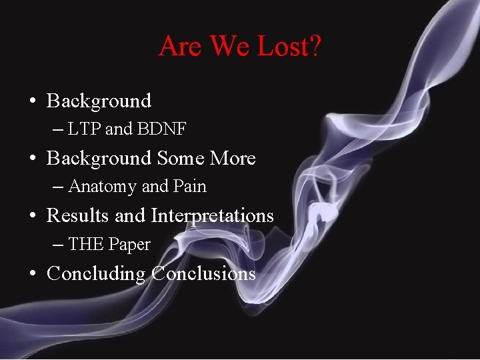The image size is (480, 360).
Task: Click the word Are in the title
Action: (177, 46)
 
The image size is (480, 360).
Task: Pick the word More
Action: (233, 159)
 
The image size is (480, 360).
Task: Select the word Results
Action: (77, 216)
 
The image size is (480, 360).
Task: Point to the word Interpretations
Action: (212, 217)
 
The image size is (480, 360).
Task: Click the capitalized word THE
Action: (85, 245)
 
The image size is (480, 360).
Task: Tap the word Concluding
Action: (96, 274)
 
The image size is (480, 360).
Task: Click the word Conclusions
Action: (203, 274)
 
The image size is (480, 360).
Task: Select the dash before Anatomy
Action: (58, 187)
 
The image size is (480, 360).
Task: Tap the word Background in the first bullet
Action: (99, 101)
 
